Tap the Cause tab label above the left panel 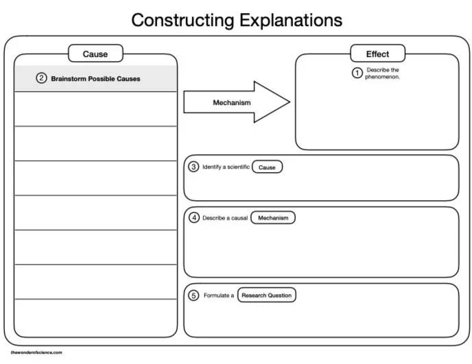[95, 53]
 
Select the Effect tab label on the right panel [377, 53]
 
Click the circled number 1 [357, 73]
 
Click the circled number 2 [41, 78]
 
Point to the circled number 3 [193, 167]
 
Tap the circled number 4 [193, 218]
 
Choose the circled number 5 [193, 295]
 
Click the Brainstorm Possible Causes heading [95, 79]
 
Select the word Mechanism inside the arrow [232, 103]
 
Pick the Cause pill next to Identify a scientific [267, 167]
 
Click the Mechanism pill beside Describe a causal [273, 218]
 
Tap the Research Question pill [267, 295]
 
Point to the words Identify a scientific [226, 167]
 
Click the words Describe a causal [224, 218]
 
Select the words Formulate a [219, 295]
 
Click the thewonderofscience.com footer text [36, 352]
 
